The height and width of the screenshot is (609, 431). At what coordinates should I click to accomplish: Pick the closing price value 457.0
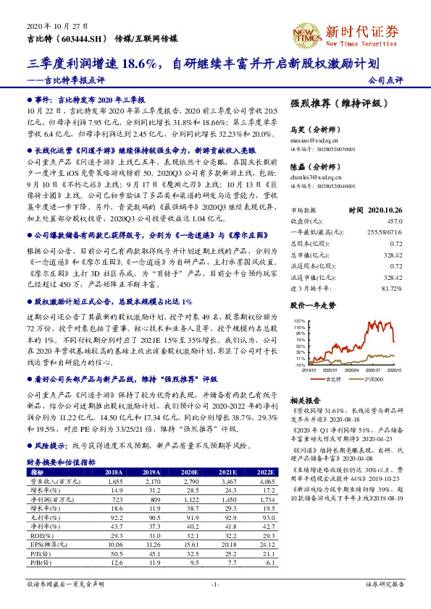[x=392, y=221]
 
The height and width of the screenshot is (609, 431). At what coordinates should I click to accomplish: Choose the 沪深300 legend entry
[x=369, y=378]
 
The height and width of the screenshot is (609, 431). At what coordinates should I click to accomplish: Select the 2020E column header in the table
[x=191, y=472]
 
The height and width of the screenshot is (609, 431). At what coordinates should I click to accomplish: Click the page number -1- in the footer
[x=215, y=584]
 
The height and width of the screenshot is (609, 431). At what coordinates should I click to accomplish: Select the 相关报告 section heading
[x=304, y=400]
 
